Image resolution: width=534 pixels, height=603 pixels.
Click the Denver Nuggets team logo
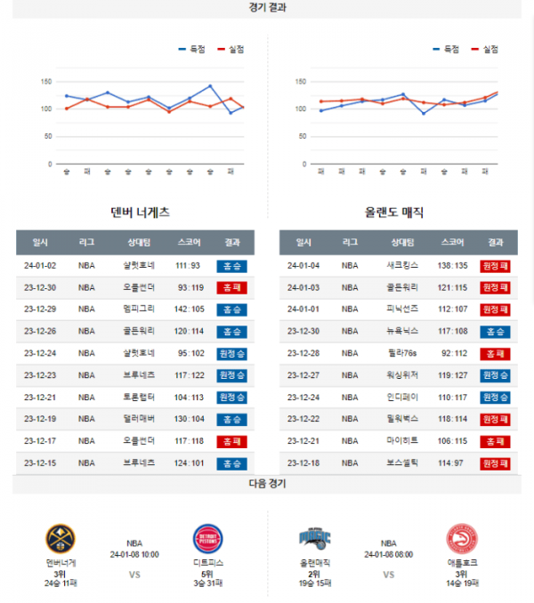click(x=61, y=540)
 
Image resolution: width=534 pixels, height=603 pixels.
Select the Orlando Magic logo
click(x=315, y=539)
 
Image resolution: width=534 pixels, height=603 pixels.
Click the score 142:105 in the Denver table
click(x=189, y=309)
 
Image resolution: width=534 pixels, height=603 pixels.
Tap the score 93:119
click(x=189, y=287)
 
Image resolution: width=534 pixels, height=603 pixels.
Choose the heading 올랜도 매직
click(x=394, y=213)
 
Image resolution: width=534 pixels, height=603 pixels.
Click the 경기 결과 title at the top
click(x=267, y=7)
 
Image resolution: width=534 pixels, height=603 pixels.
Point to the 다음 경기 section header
click(x=267, y=483)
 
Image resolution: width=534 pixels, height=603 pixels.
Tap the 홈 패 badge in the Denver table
click(x=232, y=287)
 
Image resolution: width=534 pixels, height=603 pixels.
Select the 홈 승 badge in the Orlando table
click(x=495, y=331)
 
